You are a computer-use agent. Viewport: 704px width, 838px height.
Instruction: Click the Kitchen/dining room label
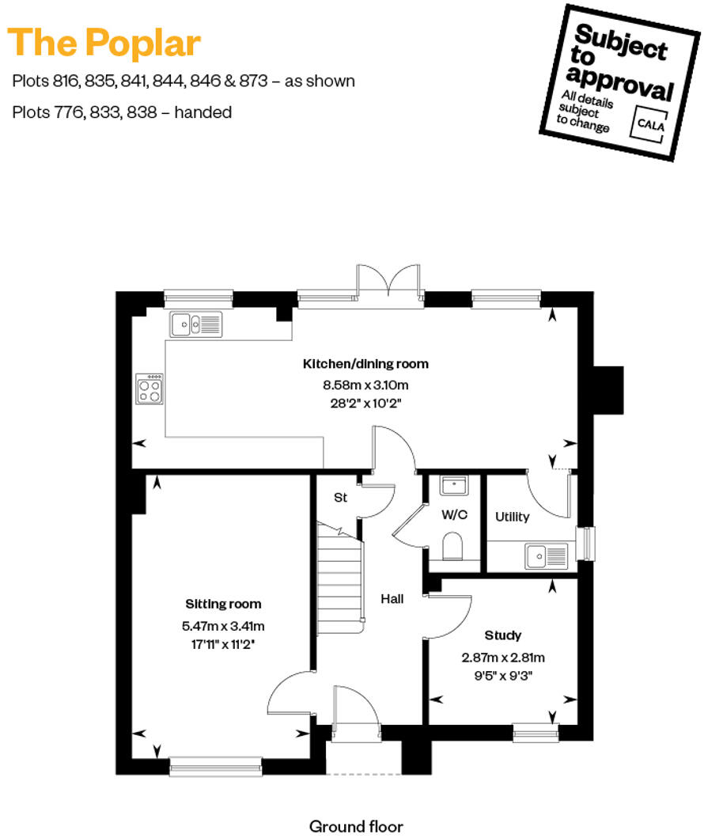[x=365, y=364]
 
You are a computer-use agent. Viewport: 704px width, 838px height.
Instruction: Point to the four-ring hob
[x=150, y=389]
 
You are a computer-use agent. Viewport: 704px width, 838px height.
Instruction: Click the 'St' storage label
[x=340, y=498]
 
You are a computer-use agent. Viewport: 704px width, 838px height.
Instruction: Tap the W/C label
[x=454, y=514]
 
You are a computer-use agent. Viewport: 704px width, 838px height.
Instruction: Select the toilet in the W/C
[x=453, y=546]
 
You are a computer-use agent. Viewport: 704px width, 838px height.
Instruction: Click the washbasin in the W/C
[x=454, y=486]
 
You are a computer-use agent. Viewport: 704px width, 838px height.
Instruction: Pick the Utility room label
[x=512, y=517]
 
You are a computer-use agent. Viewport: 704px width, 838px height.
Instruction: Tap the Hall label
[x=392, y=599]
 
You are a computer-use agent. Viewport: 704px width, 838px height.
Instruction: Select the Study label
[x=502, y=635]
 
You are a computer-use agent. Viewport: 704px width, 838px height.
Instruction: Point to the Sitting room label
[x=223, y=604]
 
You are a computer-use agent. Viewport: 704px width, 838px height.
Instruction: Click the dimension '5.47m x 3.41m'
[x=223, y=626]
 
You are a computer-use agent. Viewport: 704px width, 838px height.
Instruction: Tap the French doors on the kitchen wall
[x=387, y=282]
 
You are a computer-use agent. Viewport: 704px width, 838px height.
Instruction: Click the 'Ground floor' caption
[x=356, y=826]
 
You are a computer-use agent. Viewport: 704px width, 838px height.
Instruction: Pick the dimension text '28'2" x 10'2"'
[x=365, y=402]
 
